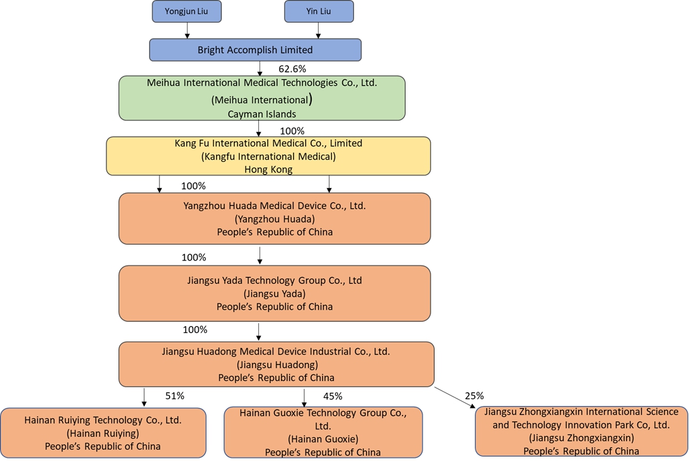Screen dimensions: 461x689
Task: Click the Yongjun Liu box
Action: tap(186, 11)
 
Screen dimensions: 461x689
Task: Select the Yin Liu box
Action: tap(319, 11)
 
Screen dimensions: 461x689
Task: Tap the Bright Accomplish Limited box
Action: tap(255, 50)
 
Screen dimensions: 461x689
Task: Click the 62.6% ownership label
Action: tap(292, 69)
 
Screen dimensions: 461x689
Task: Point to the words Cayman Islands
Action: tap(261, 114)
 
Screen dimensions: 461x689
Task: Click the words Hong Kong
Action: tap(268, 169)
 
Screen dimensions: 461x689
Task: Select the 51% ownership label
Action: tap(174, 396)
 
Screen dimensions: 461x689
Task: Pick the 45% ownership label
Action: tap(333, 396)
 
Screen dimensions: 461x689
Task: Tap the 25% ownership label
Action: tap(474, 396)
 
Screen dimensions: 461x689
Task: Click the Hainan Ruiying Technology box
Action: tap(103, 433)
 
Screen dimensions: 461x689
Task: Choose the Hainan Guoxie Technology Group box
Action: tap(323, 433)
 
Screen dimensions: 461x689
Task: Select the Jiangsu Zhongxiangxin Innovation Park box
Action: tap(581, 431)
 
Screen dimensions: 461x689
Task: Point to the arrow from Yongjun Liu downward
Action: tap(187, 30)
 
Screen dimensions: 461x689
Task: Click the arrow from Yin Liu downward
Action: tap(319, 30)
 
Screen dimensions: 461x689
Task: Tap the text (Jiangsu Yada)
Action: tap(275, 293)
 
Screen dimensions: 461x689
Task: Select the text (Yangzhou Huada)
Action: tap(275, 219)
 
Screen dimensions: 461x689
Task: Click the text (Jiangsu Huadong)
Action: tap(276, 365)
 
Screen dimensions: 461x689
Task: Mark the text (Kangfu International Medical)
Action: tap(268, 156)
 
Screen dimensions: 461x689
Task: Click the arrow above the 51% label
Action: tap(144, 397)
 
